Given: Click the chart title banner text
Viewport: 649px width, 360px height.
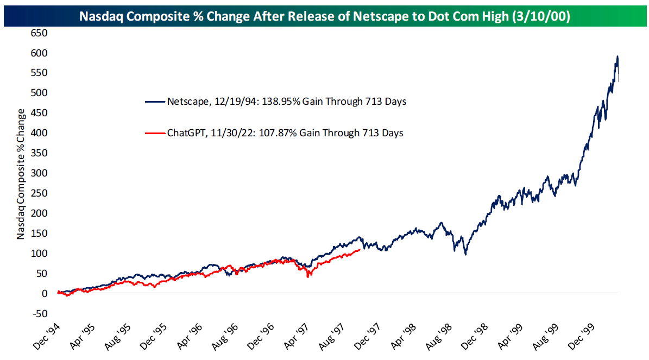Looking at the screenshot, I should [x=324, y=16].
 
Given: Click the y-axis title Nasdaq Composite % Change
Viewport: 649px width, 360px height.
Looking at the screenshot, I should [x=21, y=174].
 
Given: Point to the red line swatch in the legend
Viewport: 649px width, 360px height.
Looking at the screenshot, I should [x=155, y=133].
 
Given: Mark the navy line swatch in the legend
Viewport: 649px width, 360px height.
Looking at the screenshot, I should [x=155, y=102].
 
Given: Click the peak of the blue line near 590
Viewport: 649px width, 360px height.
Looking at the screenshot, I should [x=617, y=56].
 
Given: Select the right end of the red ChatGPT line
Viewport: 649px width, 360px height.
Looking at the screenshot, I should [x=360, y=250].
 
